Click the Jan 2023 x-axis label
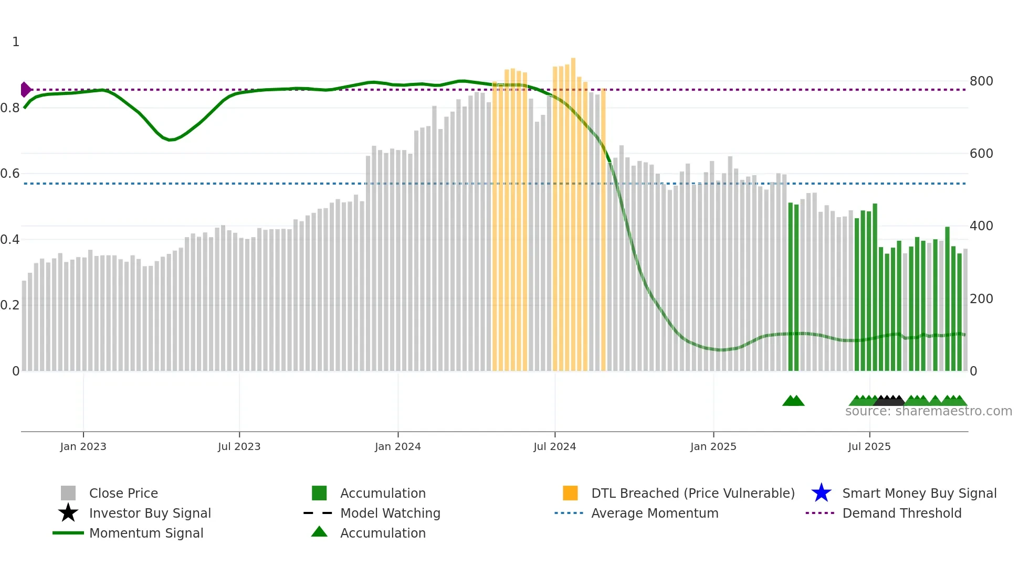click(83, 446)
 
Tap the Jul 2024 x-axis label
click(554, 446)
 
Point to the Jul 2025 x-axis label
click(869, 446)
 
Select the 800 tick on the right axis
click(981, 81)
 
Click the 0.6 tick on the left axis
click(10, 174)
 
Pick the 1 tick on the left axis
click(16, 42)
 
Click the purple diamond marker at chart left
click(25, 90)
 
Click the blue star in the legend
click(821, 493)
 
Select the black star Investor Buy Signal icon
click(68, 513)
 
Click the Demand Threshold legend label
click(901, 513)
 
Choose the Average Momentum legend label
click(654, 513)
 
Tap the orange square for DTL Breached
click(570, 493)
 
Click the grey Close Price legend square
click(68, 493)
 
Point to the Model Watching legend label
click(390, 513)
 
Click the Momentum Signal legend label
click(146, 533)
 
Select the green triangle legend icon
click(319, 532)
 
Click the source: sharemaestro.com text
click(928, 411)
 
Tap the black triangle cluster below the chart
click(889, 401)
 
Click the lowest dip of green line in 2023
click(170, 140)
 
